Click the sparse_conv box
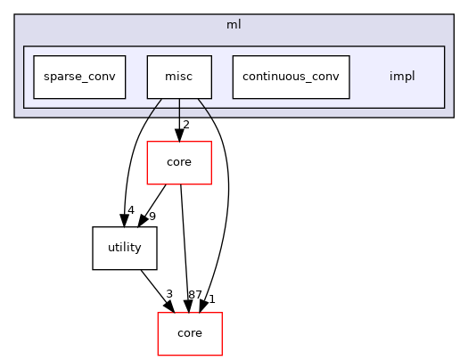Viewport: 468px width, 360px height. pos(79,77)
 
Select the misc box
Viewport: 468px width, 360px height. pos(179,77)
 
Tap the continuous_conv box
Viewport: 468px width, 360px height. pos(291,77)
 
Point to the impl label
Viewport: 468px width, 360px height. pos(402,77)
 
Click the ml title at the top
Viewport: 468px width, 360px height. pos(233,24)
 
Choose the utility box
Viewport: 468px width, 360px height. pos(125,248)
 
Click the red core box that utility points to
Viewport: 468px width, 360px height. pos(189,333)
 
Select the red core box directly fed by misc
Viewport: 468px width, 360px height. pos(179,162)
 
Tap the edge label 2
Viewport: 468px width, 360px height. pos(186,125)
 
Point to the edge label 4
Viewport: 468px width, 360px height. pos(130,211)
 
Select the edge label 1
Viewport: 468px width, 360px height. pos(212,299)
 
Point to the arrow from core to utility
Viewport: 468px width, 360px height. pos(156,205)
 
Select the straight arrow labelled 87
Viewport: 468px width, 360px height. pos(185,250)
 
